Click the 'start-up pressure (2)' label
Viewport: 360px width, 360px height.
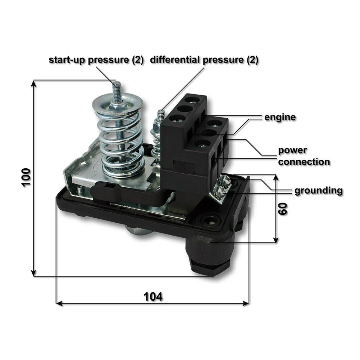click(x=96, y=60)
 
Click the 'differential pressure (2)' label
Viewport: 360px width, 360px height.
click(x=204, y=60)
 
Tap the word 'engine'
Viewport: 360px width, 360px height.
click(x=280, y=117)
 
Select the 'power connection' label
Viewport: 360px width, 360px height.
click(x=304, y=156)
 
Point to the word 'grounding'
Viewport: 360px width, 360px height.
click(x=318, y=190)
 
